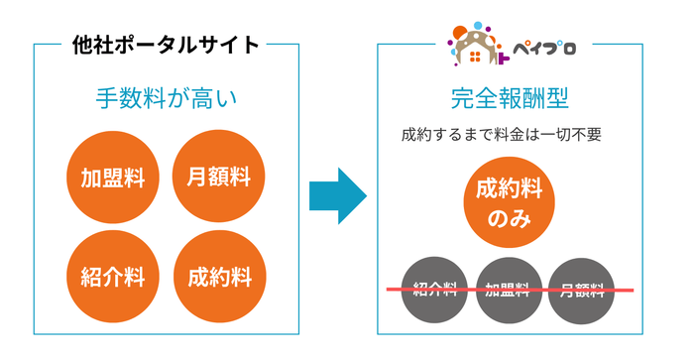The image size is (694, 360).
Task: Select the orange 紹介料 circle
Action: [113, 277]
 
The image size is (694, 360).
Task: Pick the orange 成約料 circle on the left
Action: [218, 277]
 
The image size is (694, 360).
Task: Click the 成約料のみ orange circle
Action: [509, 202]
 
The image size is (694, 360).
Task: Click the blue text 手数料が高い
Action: [167, 99]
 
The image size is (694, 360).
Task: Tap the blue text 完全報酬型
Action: [509, 99]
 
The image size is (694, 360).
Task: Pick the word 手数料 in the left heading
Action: [129, 99]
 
